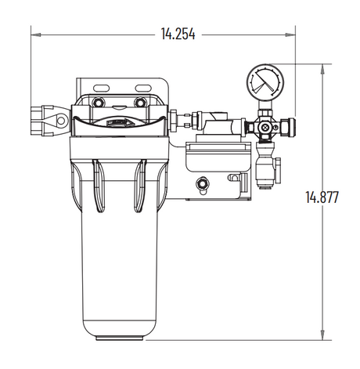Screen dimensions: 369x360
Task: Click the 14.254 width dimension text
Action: [x=178, y=34]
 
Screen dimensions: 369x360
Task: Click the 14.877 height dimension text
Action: [x=322, y=197]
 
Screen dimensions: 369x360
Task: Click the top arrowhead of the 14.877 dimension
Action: [x=322, y=67]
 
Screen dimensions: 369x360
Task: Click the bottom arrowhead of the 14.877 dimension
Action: [x=322, y=337]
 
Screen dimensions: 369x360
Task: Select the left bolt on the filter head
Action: [x=97, y=103]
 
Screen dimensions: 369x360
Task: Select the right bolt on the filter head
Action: [x=140, y=103]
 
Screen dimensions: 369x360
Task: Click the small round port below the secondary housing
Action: [x=203, y=185]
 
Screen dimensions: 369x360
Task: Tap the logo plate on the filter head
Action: [x=118, y=122]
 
